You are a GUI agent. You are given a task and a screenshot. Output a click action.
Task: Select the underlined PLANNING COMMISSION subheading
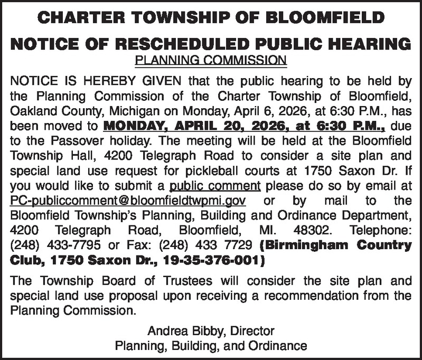coord(211,60)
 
